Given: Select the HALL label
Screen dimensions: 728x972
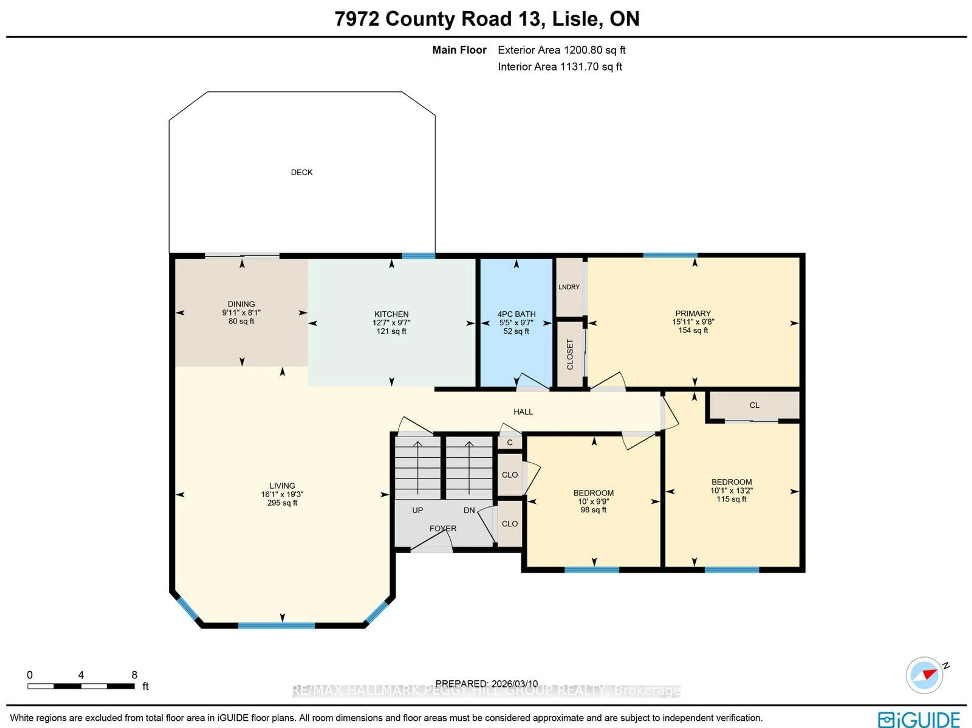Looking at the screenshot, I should [523, 412].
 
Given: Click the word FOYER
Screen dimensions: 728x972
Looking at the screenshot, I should [443, 528].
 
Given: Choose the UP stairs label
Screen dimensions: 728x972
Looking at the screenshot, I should [417, 510].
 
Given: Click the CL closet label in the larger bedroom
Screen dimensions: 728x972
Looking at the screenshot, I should [754, 405].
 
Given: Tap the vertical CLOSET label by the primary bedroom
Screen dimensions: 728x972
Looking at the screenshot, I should [570, 354].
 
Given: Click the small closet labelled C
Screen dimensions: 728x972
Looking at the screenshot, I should [510, 443].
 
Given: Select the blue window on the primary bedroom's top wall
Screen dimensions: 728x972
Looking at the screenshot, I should [670, 255].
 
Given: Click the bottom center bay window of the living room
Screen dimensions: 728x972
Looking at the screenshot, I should [276, 625].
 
